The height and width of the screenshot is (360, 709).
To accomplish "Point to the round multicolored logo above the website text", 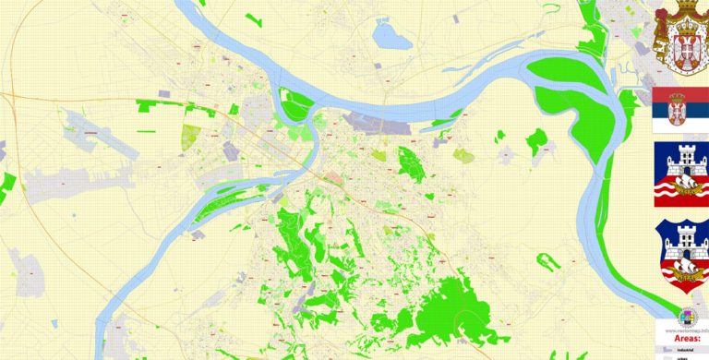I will point(688,315).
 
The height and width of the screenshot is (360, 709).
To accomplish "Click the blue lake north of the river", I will point(391,35).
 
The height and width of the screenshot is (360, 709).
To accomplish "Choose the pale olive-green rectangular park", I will point(193,137).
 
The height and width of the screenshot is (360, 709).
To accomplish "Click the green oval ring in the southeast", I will point(550,261).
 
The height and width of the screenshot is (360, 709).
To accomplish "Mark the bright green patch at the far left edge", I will point(7,184).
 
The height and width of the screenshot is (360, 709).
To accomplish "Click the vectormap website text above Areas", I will point(681,328).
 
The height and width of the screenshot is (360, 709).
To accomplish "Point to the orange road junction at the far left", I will point(4,95).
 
